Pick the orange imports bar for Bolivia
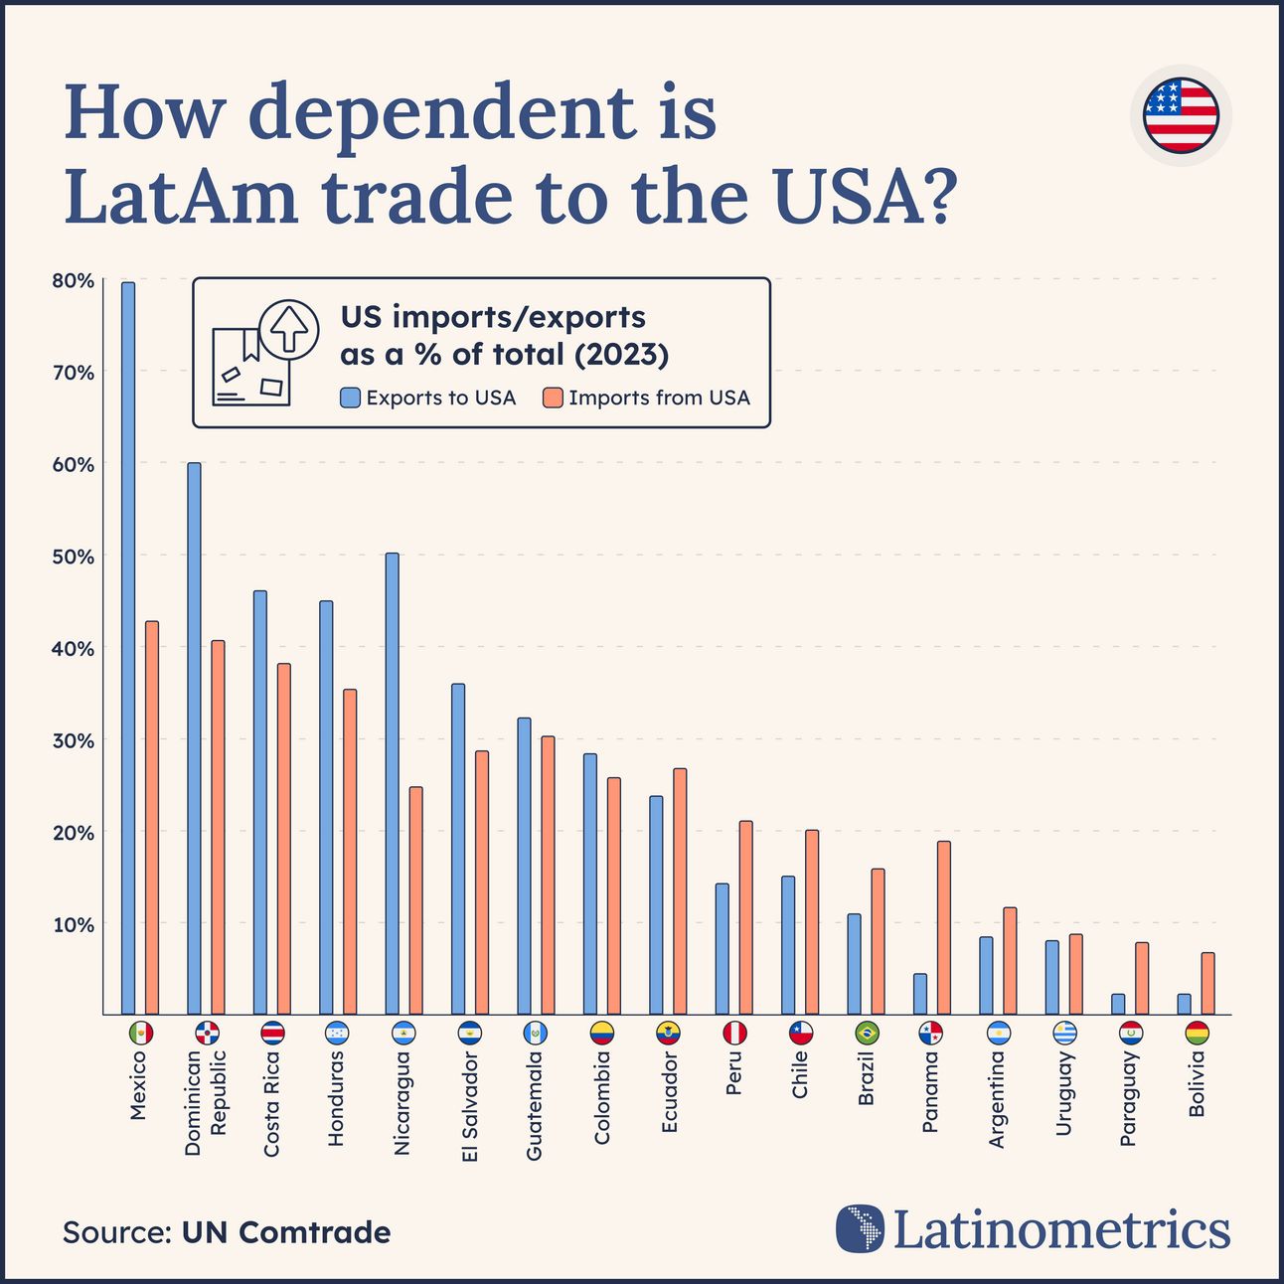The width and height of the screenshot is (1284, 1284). (x=1207, y=983)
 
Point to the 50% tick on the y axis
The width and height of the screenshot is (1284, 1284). (x=74, y=557)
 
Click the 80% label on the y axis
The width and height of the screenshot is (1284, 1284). (x=74, y=281)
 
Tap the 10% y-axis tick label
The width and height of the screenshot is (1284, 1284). (x=74, y=925)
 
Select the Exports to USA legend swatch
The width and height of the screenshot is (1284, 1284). (x=350, y=399)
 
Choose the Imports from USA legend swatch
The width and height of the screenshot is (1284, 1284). (x=553, y=399)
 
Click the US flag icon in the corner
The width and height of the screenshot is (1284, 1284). (x=1180, y=115)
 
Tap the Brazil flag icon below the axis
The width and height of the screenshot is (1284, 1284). (x=866, y=1034)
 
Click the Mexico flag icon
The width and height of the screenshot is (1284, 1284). (x=141, y=1034)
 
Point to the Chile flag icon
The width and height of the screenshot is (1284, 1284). (x=800, y=1034)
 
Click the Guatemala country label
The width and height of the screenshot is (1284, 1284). (x=535, y=1106)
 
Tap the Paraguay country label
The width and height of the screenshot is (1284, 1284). (x=1128, y=1099)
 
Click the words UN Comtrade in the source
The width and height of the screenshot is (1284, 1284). (x=286, y=1232)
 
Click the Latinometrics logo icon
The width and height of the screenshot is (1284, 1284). (x=860, y=1228)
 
